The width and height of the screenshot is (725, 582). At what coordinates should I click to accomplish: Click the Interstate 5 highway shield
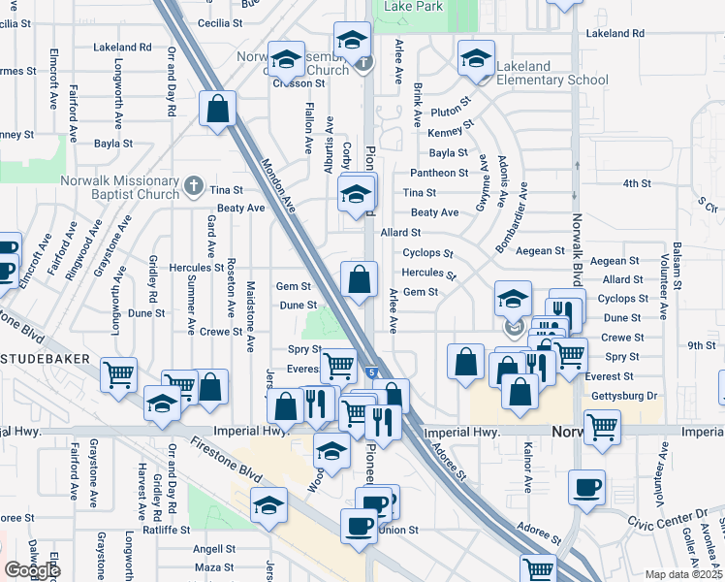(373, 372)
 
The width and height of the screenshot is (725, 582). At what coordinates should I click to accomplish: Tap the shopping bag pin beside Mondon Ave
(218, 108)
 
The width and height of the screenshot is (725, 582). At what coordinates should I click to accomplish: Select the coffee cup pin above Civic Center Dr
(586, 488)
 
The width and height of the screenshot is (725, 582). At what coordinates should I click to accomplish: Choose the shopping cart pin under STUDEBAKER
(118, 373)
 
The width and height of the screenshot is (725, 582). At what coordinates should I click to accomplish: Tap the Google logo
(32, 570)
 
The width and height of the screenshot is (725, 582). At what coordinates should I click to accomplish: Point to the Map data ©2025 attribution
(684, 574)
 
